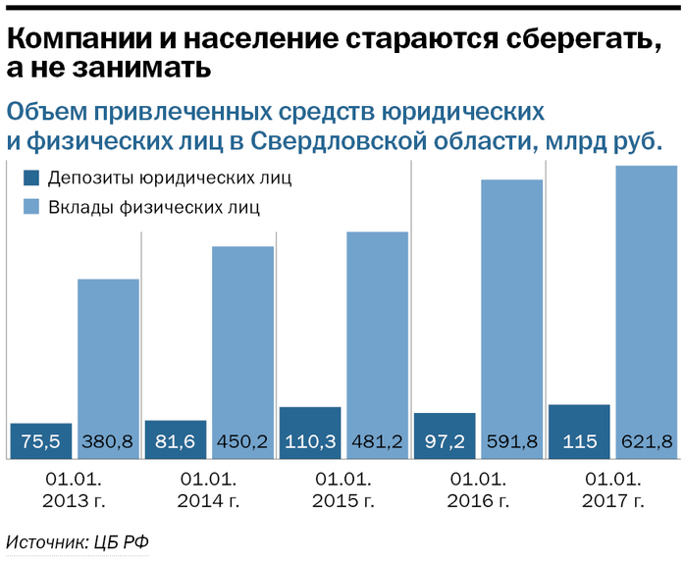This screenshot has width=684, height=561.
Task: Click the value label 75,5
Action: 40,440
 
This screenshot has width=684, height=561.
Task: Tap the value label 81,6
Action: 175,440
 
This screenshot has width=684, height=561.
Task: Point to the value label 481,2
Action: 378,440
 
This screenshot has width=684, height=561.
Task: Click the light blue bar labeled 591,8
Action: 512,304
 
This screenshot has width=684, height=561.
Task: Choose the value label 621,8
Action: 648,440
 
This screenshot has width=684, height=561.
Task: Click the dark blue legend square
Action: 30,178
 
